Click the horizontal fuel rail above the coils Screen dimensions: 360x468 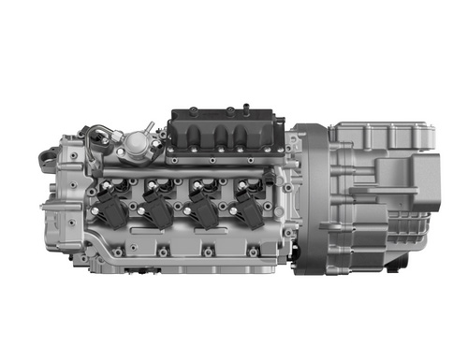click(187, 173)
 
